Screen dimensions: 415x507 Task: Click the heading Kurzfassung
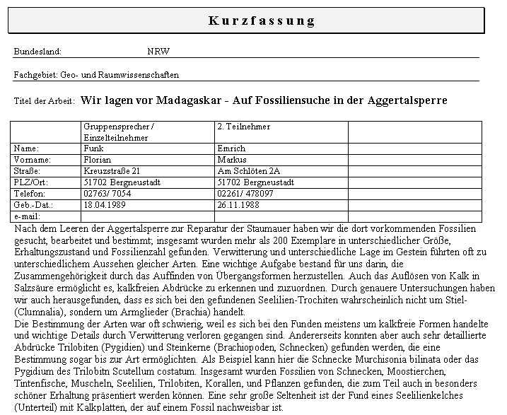261,21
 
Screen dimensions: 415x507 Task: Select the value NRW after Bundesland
158,52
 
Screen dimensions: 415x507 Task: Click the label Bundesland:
37,52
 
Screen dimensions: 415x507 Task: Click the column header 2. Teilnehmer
244,127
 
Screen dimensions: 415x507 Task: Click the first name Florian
97,160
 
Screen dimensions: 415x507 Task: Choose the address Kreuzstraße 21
111,171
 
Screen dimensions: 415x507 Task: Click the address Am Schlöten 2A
248,171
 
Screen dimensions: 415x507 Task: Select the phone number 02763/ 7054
107,194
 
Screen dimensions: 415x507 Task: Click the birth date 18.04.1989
104,205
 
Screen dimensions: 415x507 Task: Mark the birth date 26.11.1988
239,205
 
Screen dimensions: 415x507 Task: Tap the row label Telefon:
29,194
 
